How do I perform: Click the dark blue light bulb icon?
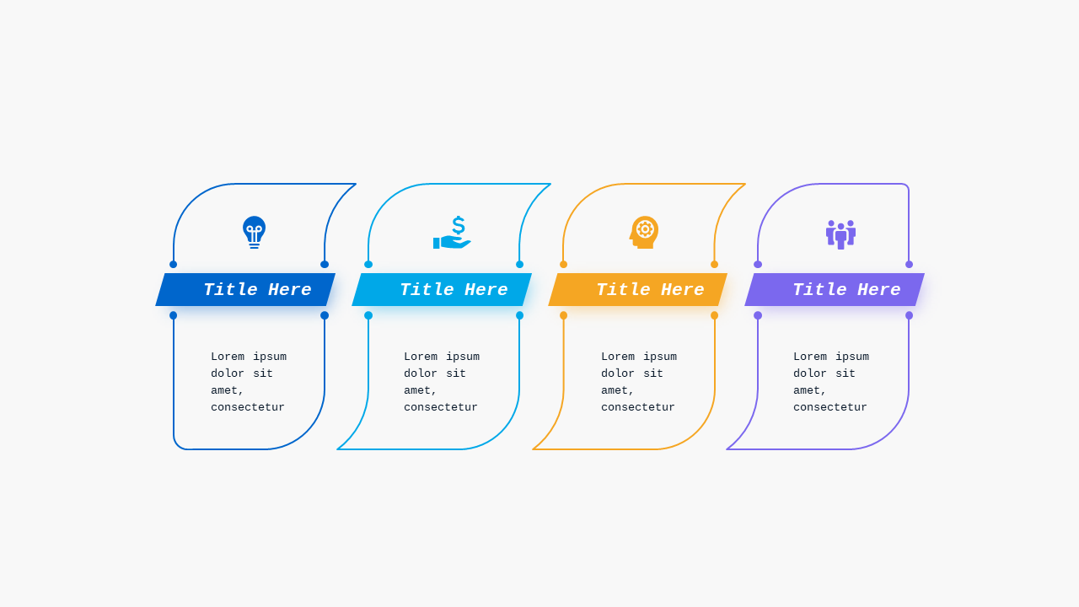[x=254, y=232]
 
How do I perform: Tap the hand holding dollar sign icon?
[x=452, y=233]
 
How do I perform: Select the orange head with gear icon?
[x=644, y=233]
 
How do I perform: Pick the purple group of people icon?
[x=840, y=234]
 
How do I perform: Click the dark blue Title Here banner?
[x=245, y=289]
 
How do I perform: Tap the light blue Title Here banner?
[x=442, y=289]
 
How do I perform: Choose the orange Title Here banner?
[x=638, y=289]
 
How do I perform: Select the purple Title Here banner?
[x=835, y=289]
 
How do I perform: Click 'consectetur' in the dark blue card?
[x=248, y=407]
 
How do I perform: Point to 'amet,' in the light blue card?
[x=420, y=390]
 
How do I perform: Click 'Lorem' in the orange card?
[x=618, y=357]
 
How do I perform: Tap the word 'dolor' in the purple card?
[x=810, y=373]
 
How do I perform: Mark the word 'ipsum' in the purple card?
[x=852, y=357]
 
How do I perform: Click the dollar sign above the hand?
[x=459, y=225]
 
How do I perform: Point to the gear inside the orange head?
[x=645, y=228]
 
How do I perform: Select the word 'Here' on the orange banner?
[x=683, y=289]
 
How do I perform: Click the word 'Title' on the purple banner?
[x=819, y=289]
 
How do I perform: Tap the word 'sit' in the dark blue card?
[x=263, y=373]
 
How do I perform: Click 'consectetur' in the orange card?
[x=638, y=407]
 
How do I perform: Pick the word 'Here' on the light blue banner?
[x=486, y=289]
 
